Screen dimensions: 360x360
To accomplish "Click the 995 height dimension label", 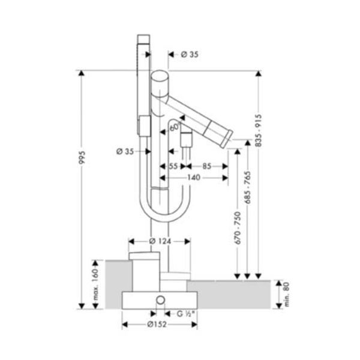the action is coord(82,157).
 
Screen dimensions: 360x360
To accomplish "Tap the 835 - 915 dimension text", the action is coord(259,130).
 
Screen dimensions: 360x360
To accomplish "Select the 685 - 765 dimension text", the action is coord(247,187).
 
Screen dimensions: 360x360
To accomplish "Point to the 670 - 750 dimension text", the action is coord(238,228).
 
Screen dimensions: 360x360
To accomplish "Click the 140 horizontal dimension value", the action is coord(194,178).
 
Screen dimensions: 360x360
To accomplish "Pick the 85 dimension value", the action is coord(207,166).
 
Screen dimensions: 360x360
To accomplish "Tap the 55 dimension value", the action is coord(173,166).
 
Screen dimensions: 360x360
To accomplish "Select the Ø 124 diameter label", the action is coord(160,241).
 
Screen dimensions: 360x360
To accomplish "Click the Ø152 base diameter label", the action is coord(157,325).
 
